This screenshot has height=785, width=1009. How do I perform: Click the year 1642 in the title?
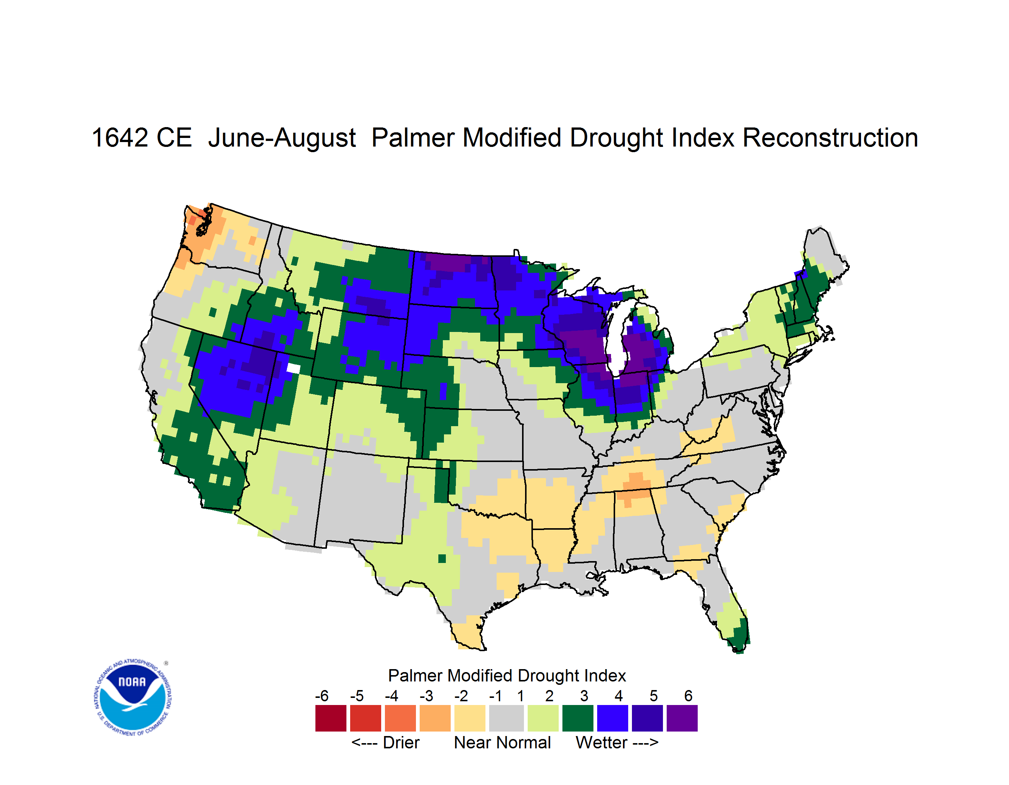click(120, 138)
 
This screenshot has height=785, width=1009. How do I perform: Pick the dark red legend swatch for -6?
click(331, 718)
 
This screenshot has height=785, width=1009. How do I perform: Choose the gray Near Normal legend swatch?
click(506, 718)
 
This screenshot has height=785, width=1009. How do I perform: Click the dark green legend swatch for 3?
click(577, 718)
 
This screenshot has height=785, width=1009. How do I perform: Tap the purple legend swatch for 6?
click(682, 718)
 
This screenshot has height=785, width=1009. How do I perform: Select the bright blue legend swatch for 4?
click(613, 718)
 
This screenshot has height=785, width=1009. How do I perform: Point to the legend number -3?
click(426, 696)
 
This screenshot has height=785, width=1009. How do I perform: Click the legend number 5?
click(654, 696)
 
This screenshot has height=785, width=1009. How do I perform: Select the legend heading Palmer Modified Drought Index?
click(507, 675)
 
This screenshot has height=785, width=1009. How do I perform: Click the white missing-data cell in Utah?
click(293, 368)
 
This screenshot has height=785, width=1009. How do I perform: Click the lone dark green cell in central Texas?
click(442, 558)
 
